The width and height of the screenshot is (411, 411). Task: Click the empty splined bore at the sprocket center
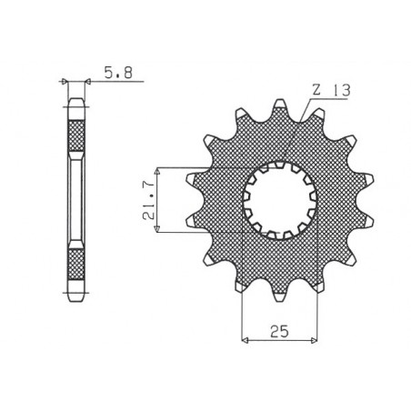[x=281, y=200]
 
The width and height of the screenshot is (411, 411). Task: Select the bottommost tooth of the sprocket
[x=279, y=296]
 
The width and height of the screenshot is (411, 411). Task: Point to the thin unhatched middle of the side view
[x=75, y=200]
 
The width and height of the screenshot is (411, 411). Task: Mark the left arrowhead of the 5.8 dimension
[x=65, y=83]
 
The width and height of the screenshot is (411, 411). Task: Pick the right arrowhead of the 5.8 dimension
[x=89, y=83]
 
